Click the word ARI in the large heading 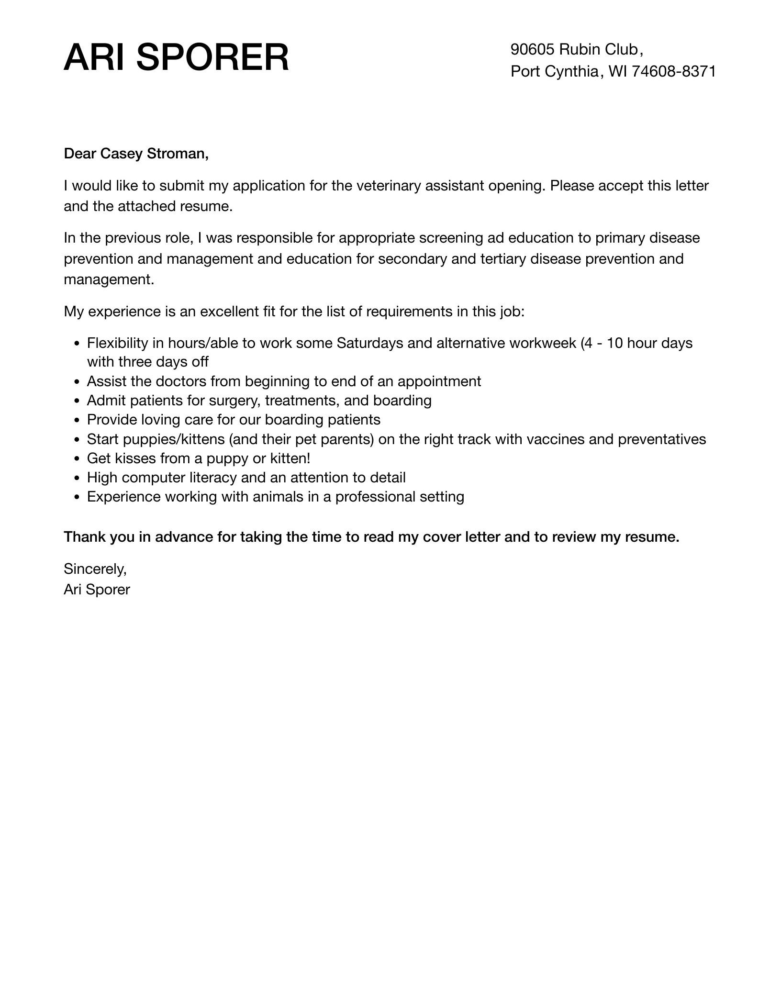pos(96,58)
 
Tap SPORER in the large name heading pos(213,58)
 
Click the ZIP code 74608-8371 pos(674,71)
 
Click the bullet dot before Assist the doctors pos(78,382)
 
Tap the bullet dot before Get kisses pos(78,459)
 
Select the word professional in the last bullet pos(375,497)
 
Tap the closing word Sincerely pos(95,569)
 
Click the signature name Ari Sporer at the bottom pos(97,590)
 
